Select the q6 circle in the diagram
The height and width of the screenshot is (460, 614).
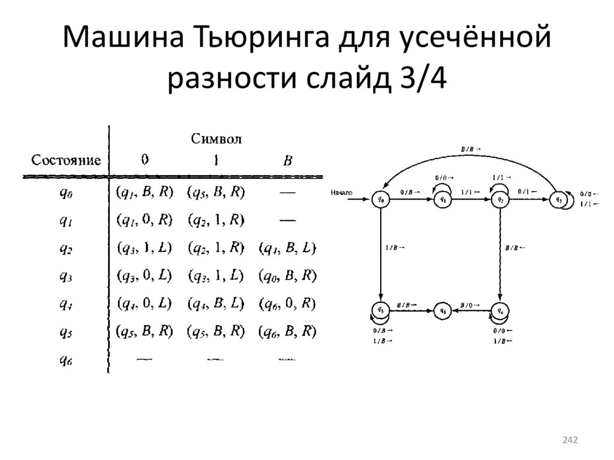pyautogui.click(x=442, y=311)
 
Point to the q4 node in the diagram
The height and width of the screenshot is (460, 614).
pyautogui.click(x=499, y=311)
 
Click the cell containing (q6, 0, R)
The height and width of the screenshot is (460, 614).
pyautogui.click(x=287, y=303)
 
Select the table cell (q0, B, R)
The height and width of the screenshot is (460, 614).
pyautogui.click(x=287, y=276)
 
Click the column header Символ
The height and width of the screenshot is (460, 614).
pyautogui.click(x=216, y=139)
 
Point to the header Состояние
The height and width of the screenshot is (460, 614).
pyautogui.click(x=66, y=160)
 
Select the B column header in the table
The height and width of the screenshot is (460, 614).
pyautogui.click(x=287, y=160)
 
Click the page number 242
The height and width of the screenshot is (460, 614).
pyautogui.click(x=570, y=441)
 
